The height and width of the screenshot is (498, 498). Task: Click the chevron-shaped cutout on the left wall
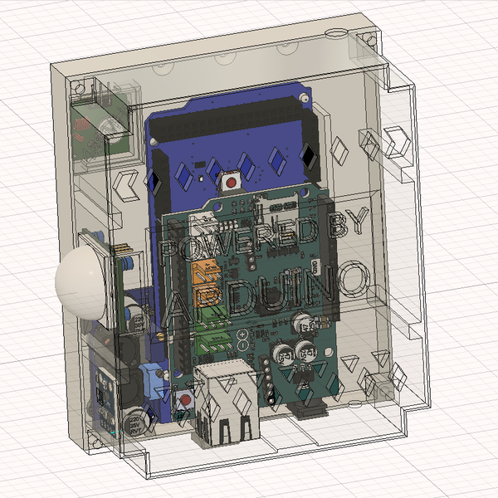[127, 184]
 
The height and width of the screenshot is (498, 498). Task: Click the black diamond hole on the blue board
[308, 156]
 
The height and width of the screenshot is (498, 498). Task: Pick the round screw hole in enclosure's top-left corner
[80, 86]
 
